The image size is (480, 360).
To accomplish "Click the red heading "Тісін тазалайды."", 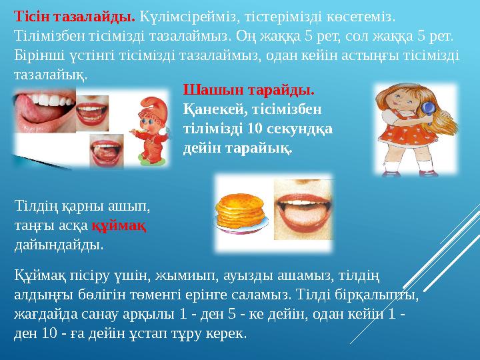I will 75,14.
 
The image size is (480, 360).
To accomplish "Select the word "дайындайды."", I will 59,245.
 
